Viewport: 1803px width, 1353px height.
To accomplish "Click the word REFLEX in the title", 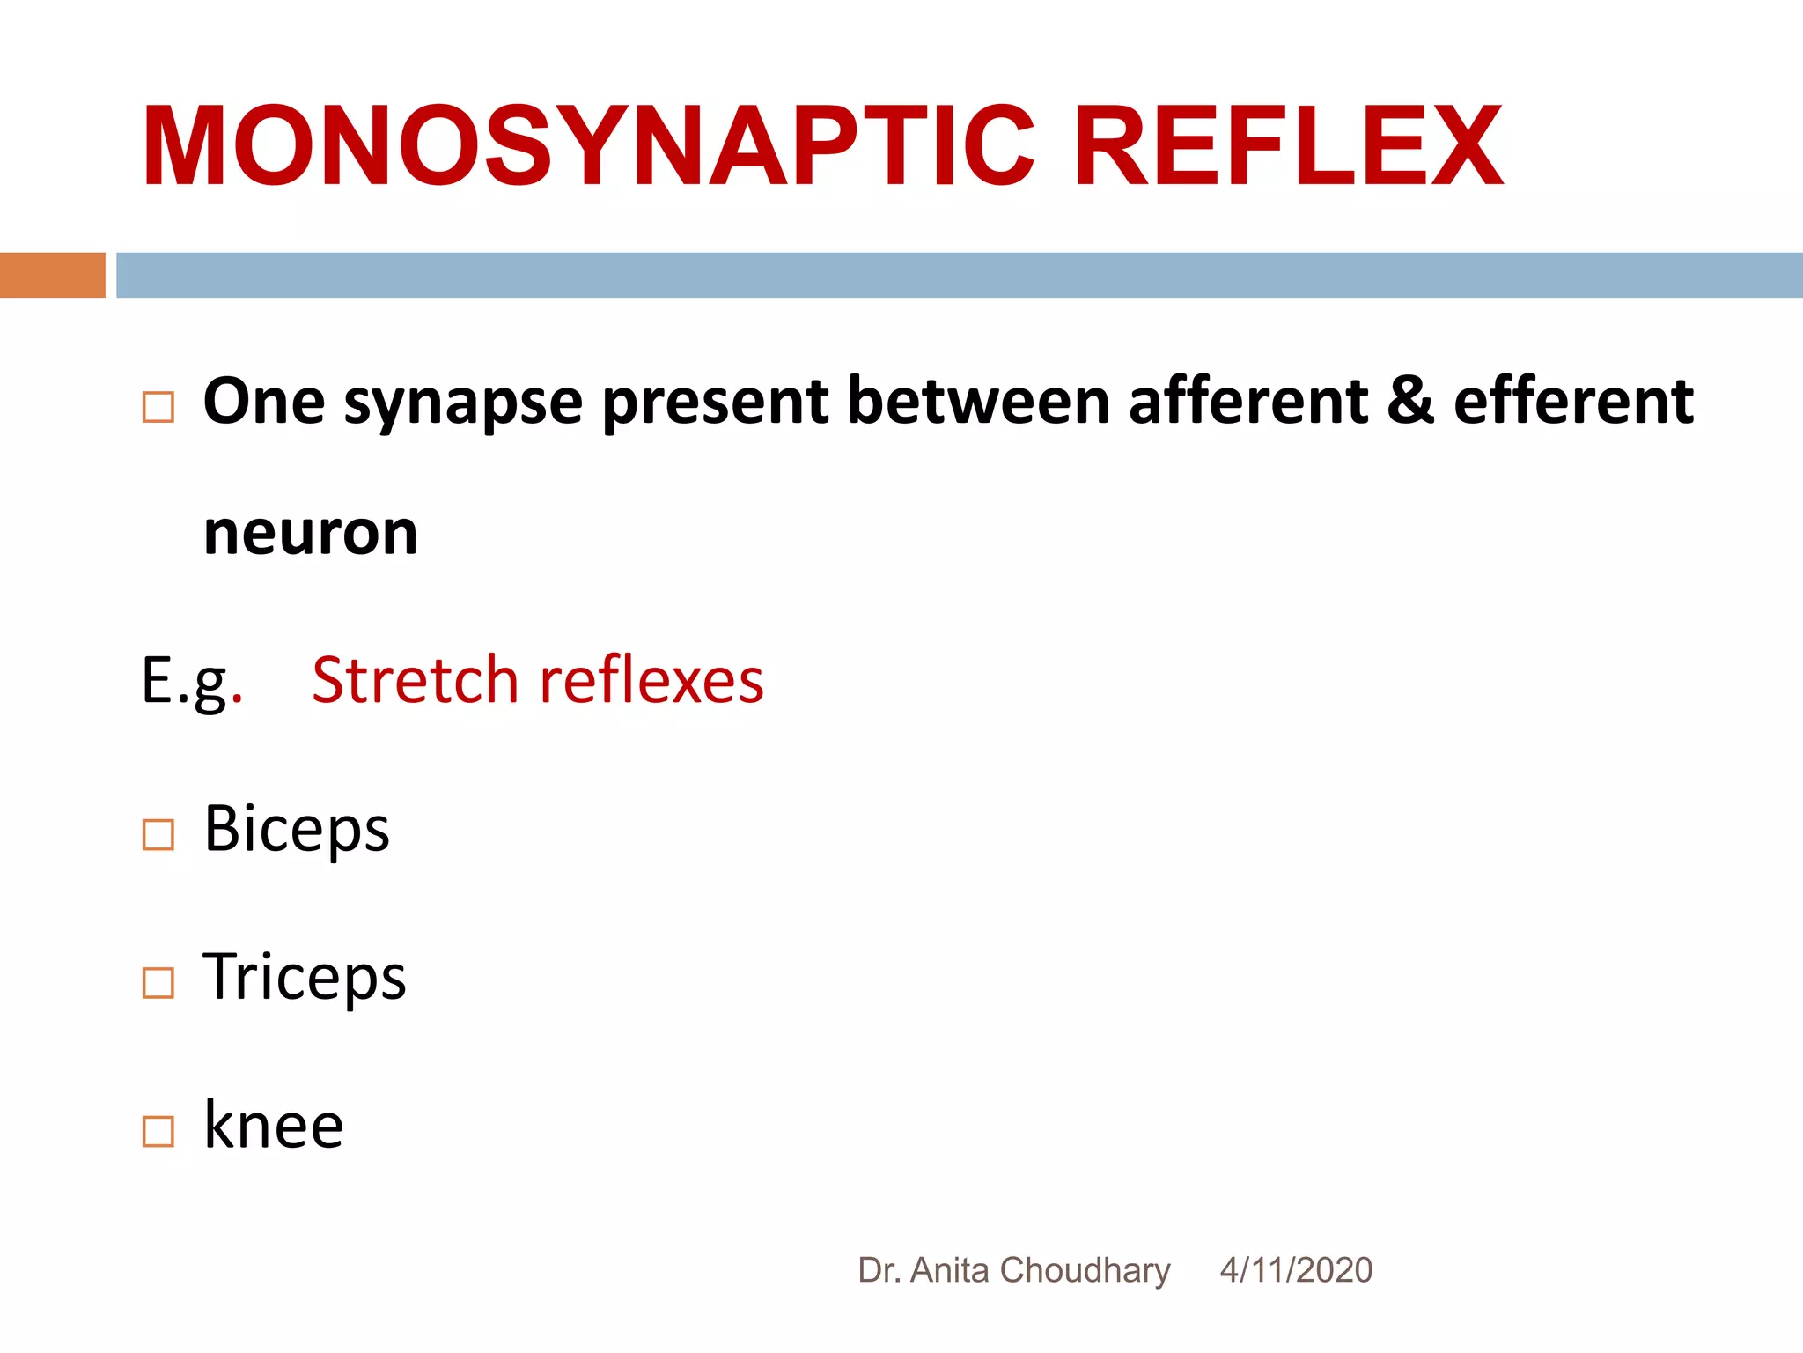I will (1288, 146).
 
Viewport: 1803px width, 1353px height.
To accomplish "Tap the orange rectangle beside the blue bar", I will (52, 275).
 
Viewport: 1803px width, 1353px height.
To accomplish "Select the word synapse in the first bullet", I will (463, 403).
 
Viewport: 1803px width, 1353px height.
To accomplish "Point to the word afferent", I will (1248, 401).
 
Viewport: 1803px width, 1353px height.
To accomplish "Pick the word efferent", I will (1573, 401).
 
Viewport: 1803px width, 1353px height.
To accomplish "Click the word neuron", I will (310, 533).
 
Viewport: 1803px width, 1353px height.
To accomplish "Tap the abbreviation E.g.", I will (190, 681).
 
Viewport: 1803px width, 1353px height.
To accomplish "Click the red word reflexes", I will (651, 681).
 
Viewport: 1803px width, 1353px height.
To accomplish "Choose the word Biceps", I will (297, 830).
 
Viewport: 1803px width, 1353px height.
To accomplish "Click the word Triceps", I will (305, 978).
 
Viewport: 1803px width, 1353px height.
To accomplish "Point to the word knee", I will (273, 1126).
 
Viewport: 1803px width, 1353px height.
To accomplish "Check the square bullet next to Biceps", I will (158, 834).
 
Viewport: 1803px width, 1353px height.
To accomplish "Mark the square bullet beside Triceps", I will (158, 982).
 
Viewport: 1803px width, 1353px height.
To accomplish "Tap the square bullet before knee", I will (158, 1131).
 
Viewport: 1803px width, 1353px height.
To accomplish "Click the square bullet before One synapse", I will (158, 407).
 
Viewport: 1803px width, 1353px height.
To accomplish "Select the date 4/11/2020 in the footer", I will (1296, 1270).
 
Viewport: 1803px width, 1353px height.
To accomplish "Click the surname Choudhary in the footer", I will (1085, 1270).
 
